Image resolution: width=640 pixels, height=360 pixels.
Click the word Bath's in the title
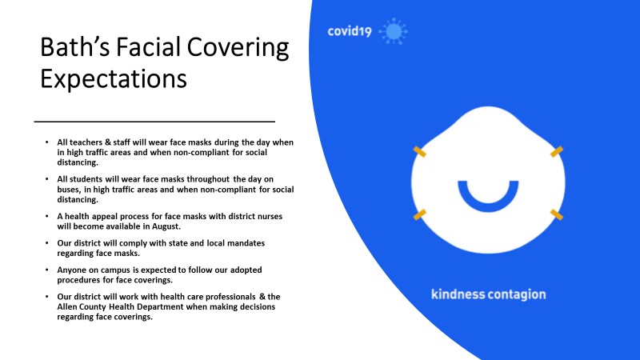(x=74, y=46)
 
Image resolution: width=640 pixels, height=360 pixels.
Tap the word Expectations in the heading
(x=114, y=78)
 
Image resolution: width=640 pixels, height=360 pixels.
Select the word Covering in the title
(x=238, y=48)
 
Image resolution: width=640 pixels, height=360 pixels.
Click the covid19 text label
(x=350, y=31)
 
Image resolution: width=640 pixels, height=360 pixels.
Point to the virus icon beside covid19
(x=393, y=31)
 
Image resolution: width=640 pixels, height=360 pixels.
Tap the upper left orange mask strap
(x=419, y=151)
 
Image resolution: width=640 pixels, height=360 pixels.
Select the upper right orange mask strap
(x=556, y=151)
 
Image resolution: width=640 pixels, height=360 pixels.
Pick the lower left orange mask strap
(x=419, y=214)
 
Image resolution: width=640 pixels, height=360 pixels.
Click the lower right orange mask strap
(x=556, y=214)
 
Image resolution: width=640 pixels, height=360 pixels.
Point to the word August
(x=166, y=226)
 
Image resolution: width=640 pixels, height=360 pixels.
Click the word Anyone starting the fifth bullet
(x=71, y=270)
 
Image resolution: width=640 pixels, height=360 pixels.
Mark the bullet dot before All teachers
(x=47, y=142)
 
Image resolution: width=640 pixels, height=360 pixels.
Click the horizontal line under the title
(x=154, y=122)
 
